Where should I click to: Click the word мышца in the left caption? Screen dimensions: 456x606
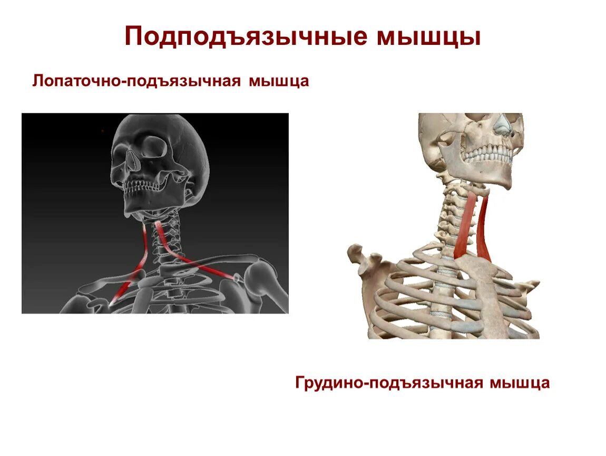click(x=279, y=82)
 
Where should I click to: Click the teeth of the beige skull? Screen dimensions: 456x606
click(x=487, y=155)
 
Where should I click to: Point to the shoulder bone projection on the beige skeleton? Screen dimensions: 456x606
click(x=364, y=259)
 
